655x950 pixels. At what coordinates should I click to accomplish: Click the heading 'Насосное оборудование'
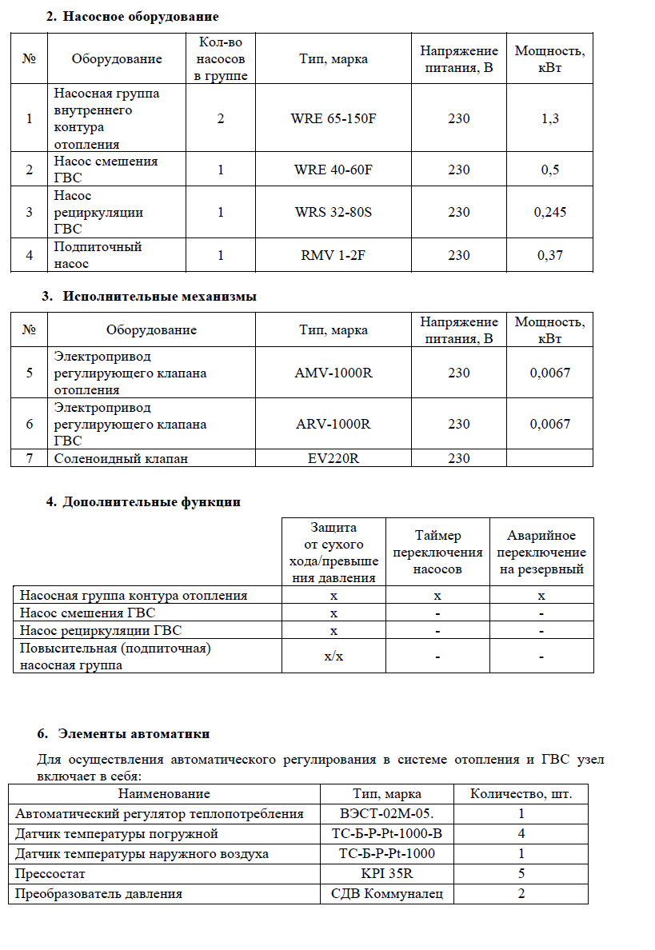141,17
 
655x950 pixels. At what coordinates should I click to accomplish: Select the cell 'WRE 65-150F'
333,119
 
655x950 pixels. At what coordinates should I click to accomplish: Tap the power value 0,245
550,213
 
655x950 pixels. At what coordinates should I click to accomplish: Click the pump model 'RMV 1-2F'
333,256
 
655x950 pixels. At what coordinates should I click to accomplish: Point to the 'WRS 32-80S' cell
333,213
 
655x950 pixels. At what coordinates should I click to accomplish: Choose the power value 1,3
550,119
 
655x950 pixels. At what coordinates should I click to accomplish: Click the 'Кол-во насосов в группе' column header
220,58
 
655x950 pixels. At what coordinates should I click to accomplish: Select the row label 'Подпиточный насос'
98,255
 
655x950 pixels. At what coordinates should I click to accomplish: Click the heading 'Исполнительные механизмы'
159,296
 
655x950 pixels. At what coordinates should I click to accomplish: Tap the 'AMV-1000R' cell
333,373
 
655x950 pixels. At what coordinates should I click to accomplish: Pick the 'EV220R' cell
333,458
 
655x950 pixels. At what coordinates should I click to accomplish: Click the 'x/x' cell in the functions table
333,657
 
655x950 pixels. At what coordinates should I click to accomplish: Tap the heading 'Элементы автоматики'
136,733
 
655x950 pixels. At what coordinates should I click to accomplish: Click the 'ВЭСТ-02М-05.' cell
387,814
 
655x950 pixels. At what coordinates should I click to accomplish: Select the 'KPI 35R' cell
387,874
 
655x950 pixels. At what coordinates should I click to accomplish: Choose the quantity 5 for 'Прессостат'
521,874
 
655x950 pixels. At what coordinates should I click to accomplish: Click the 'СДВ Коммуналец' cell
387,894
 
